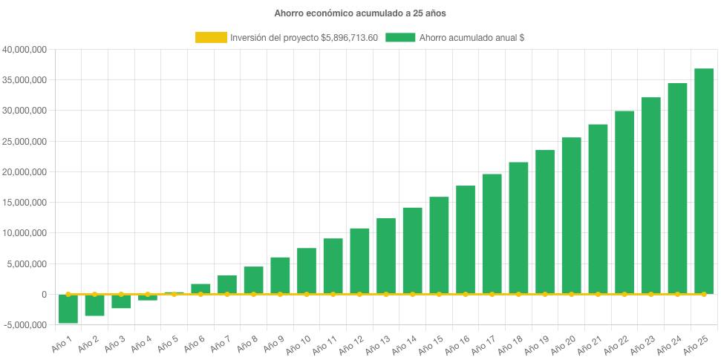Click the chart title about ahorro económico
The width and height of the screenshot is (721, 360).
(x=360, y=13)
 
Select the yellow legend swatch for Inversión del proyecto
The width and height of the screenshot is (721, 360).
(x=211, y=37)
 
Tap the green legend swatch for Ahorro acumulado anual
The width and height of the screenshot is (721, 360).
(x=400, y=37)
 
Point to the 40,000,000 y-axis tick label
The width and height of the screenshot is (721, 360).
(x=25, y=50)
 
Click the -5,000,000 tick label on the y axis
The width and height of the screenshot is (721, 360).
(x=25, y=325)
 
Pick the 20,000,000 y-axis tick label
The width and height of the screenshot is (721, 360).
(x=25, y=172)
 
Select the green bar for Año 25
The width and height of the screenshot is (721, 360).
(x=704, y=181)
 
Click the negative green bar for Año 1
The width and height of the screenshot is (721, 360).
(x=68, y=309)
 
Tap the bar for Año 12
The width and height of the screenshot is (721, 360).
(x=359, y=261)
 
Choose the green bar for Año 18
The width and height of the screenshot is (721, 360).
(x=518, y=228)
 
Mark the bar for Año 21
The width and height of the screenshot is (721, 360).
(x=598, y=209)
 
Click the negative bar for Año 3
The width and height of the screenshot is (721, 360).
(x=121, y=301)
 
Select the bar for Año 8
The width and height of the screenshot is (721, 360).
(x=253, y=281)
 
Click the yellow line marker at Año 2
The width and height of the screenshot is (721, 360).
(x=94, y=294)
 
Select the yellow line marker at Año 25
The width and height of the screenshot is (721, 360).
(x=704, y=295)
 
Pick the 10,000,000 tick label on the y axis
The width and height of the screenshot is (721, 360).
(x=25, y=233)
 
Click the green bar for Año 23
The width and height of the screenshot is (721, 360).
(x=650, y=196)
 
